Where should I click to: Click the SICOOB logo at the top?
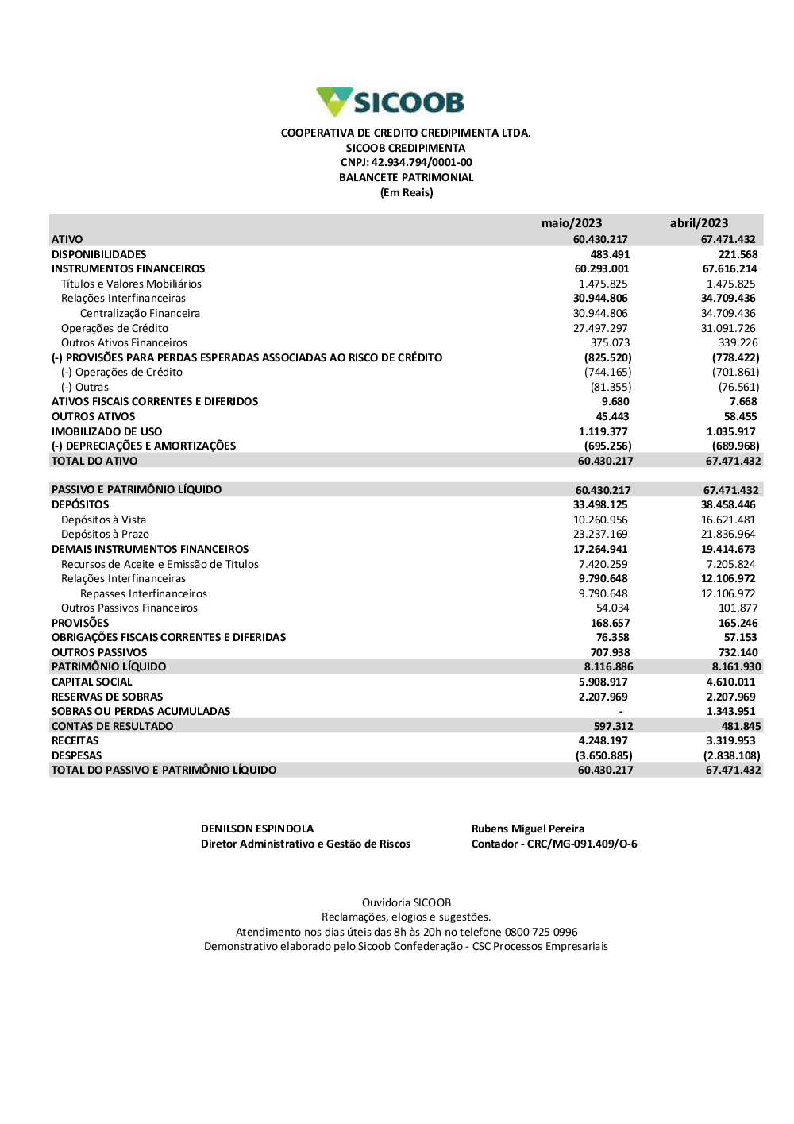click(x=390, y=102)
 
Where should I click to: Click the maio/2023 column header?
click(x=572, y=223)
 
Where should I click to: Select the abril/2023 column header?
click(x=699, y=223)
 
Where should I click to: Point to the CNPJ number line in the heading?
click(x=406, y=163)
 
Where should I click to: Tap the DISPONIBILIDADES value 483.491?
click(x=610, y=254)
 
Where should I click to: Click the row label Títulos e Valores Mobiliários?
click(x=131, y=284)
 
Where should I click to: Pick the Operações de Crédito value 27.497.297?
click(x=600, y=328)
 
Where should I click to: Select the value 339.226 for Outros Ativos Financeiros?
click(x=738, y=342)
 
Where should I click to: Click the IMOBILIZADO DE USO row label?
click(x=106, y=431)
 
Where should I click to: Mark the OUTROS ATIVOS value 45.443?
click(x=612, y=416)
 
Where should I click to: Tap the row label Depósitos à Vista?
click(x=103, y=520)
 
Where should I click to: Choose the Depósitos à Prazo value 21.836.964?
click(x=728, y=534)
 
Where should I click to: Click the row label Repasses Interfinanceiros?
click(x=143, y=593)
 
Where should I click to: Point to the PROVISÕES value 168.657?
click(x=610, y=623)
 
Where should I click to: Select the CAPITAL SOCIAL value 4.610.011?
click(x=730, y=682)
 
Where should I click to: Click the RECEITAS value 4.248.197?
click(x=603, y=740)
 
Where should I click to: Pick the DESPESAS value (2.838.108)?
click(x=731, y=755)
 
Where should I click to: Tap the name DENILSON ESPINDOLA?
click(x=257, y=829)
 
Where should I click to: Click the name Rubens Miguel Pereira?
click(x=528, y=829)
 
